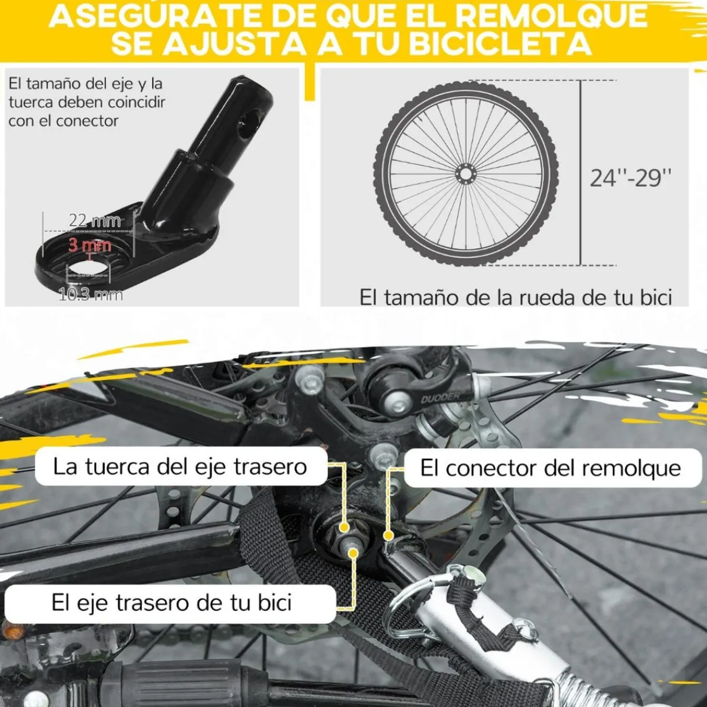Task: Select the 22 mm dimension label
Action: tap(94, 220)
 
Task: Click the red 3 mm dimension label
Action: tap(90, 244)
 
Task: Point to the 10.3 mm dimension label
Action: tap(91, 293)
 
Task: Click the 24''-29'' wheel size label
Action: tap(630, 177)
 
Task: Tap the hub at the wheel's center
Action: tap(465, 174)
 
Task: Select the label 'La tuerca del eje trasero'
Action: tap(180, 467)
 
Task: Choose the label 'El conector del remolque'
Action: tap(550, 468)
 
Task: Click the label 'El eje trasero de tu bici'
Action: tap(171, 603)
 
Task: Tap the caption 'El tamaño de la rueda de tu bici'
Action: tap(516, 297)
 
